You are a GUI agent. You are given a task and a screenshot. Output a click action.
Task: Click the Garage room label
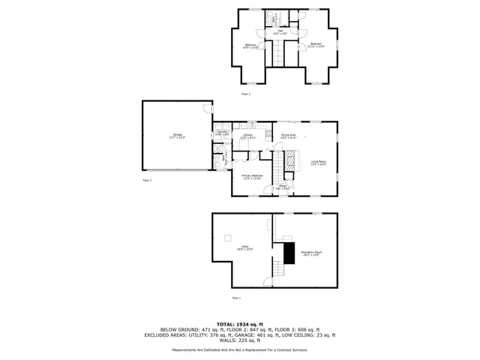tap(177, 137)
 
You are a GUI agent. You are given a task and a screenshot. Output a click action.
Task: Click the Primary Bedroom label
tap(251, 177)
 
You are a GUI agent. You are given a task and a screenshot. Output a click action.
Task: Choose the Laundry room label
tap(221, 133)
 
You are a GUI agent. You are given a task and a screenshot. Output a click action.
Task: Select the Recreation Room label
tap(312, 253)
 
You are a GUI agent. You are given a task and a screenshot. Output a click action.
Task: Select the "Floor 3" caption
tap(245, 94)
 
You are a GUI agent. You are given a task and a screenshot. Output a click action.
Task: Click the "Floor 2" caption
tap(147, 181)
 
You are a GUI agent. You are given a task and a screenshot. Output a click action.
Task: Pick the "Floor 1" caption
tap(236, 298)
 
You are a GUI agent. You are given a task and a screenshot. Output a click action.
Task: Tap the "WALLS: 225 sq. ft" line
tap(240, 340)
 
